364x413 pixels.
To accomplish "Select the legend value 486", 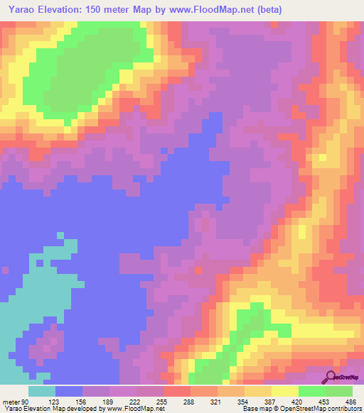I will (350, 401).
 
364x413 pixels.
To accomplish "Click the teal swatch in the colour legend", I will (42, 391).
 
